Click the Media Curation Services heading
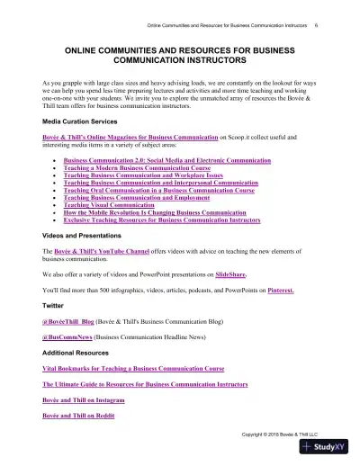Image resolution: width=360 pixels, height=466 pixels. [79, 121]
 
